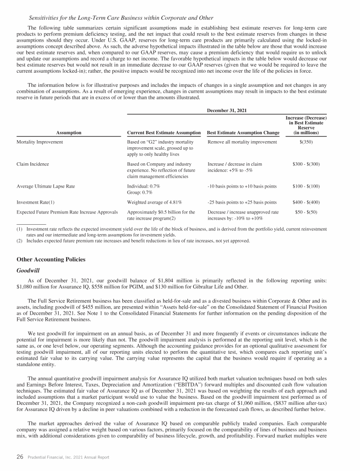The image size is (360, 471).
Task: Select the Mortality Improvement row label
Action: tap(39, 141)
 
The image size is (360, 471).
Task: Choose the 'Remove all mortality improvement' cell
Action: tap(242, 141)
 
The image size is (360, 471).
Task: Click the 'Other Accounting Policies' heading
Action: tap(52, 259)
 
